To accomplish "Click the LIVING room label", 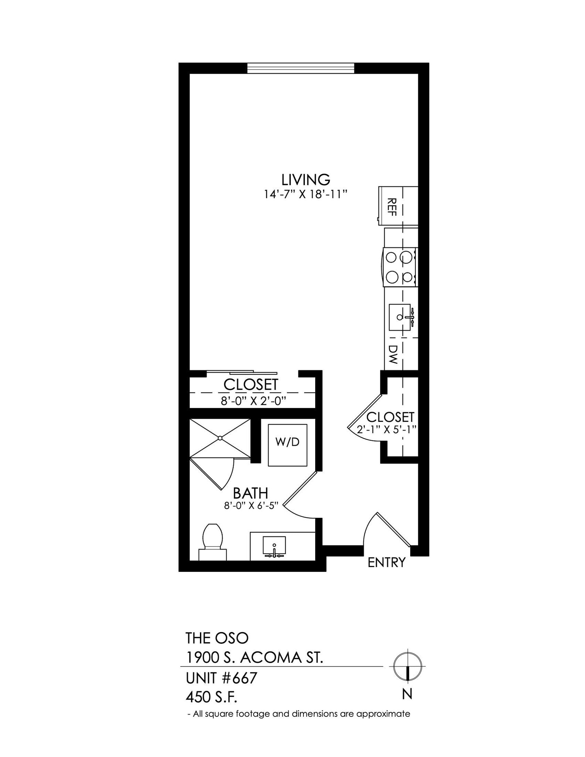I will tap(306, 180).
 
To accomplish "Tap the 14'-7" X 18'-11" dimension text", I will tap(306, 194).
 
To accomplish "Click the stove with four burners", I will tap(400, 267).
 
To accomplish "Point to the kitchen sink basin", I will tap(400, 317).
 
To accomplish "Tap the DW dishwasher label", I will tap(393, 354).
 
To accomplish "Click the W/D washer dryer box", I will tap(288, 445).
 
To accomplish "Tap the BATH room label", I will tap(250, 493).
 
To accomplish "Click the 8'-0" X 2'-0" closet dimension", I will tap(254, 401).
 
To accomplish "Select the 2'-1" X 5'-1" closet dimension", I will tap(387, 430).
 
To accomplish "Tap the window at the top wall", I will tap(300, 68).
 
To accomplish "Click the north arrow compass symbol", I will tap(407, 666).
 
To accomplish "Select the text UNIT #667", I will tap(221, 678).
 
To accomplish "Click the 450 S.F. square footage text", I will tap(211, 697).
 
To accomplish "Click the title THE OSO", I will tap(217, 638).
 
